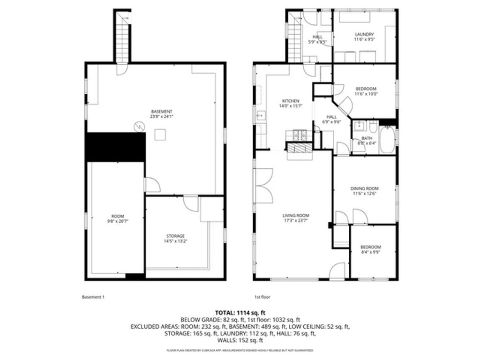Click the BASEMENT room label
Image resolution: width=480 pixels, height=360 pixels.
click(x=161, y=114)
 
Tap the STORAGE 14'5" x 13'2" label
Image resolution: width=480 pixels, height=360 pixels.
click(x=176, y=239)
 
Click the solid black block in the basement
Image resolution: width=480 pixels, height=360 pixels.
click(x=115, y=147)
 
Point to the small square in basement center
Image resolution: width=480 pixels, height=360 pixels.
click(x=160, y=135)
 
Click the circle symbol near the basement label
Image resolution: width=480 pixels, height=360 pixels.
click(x=139, y=126)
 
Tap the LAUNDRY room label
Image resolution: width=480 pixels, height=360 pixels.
click(x=364, y=37)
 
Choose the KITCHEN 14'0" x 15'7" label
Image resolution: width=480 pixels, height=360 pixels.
click(x=290, y=104)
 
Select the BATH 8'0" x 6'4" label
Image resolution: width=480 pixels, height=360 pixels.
click(x=367, y=141)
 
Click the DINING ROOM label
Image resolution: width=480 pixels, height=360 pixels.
click(x=364, y=191)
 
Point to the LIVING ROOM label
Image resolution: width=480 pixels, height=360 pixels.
click(x=296, y=218)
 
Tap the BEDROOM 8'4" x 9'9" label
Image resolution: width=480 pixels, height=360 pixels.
click(x=370, y=250)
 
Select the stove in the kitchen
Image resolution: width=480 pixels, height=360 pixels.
click(x=299, y=135)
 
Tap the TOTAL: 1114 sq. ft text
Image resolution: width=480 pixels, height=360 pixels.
click(x=240, y=312)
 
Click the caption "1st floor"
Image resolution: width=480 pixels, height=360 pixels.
click(x=262, y=297)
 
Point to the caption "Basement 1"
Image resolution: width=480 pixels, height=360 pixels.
click(x=93, y=297)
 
